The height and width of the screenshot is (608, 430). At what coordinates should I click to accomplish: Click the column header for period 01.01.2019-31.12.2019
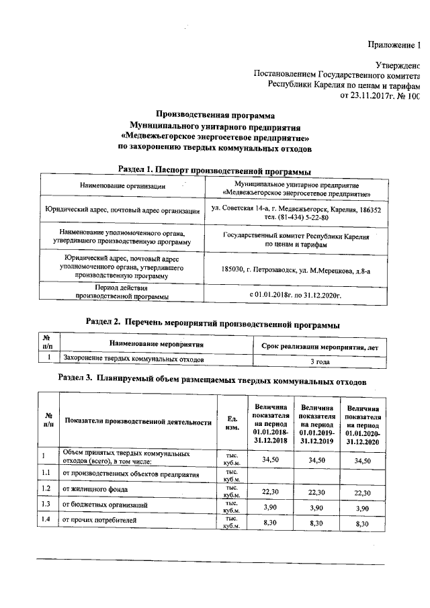click(316, 422)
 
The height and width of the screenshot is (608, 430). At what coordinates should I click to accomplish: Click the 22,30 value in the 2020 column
click(362, 492)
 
